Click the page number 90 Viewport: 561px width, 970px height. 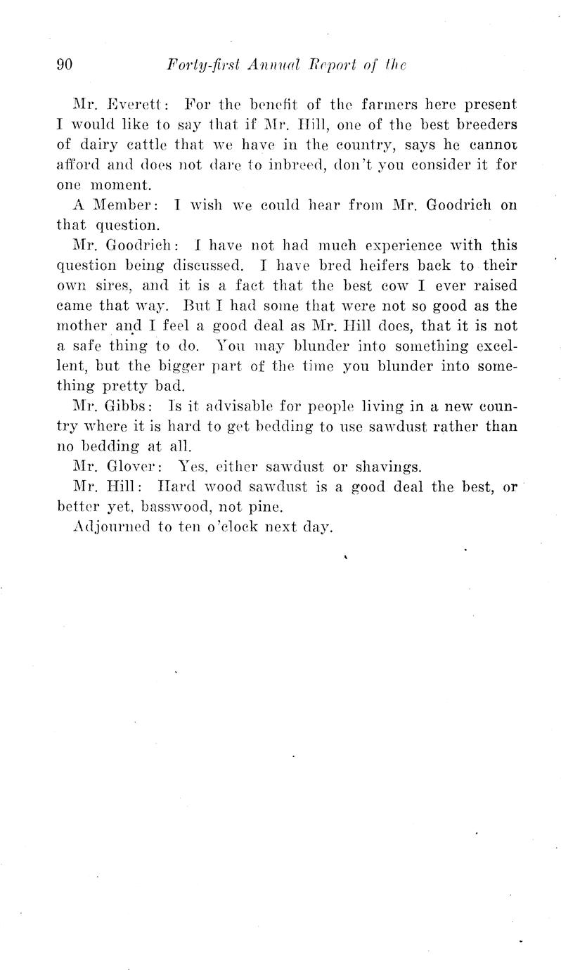tap(65, 65)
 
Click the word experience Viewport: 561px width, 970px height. tap(387, 246)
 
